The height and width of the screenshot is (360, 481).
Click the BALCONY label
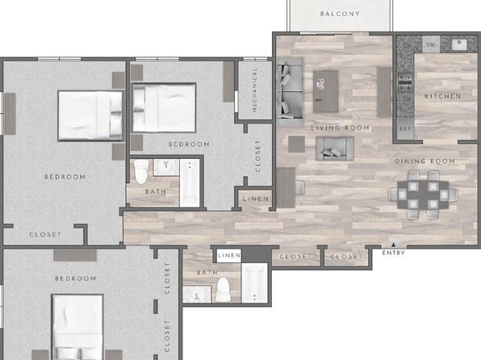[340, 14]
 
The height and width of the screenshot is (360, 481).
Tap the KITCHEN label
[442, 96]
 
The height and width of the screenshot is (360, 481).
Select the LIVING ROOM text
[341, 128]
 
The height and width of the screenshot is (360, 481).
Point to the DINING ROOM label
[425, 161]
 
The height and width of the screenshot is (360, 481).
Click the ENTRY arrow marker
[393, 245]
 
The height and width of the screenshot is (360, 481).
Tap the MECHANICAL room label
[254, 90]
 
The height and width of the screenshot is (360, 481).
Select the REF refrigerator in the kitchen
[405, 129]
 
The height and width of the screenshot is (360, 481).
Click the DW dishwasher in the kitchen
[431, 44]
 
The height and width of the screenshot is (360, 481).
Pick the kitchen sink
[459, 45]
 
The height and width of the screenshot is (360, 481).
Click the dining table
[423, 195]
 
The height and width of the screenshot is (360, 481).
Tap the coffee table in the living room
[326, 91]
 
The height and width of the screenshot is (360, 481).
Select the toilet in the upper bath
[141, 171]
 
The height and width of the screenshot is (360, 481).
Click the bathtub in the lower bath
[254, 283]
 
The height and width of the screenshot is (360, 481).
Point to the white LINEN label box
[229, 256]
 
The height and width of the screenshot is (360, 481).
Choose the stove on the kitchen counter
[405, 82]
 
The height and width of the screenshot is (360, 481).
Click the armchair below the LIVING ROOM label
[335, 149]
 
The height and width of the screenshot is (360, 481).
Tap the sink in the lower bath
[197, 295]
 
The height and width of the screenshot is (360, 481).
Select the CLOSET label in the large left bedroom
[45, 234]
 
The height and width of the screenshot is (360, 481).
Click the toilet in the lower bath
[223, 289]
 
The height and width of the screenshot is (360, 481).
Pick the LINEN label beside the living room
[256, 199]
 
